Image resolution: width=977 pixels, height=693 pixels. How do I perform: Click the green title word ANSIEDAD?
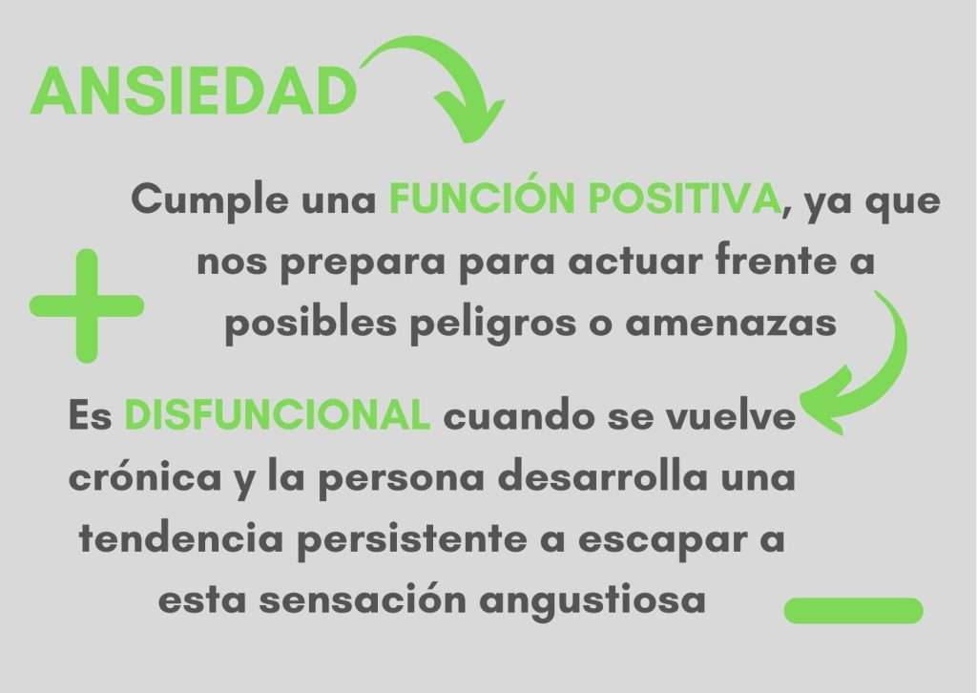coord(193,91)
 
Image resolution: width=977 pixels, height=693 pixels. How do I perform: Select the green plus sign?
coord(87,306)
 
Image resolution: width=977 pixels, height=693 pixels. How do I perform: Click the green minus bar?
coord(853,610)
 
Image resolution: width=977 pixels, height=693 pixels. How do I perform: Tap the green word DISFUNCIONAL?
coord(278,414)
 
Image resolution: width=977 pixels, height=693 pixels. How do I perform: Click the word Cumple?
coord(210,200)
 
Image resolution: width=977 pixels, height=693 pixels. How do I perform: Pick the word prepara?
coord(363,262)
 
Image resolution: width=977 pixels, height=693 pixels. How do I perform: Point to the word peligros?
coord(493,324)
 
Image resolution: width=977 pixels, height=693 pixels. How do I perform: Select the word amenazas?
coord(731,324)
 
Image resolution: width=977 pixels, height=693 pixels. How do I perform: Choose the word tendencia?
coord(181,537)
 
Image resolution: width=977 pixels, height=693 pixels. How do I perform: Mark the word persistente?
coord(412,539)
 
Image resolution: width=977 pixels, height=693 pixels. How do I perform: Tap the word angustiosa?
coord(592,601)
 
